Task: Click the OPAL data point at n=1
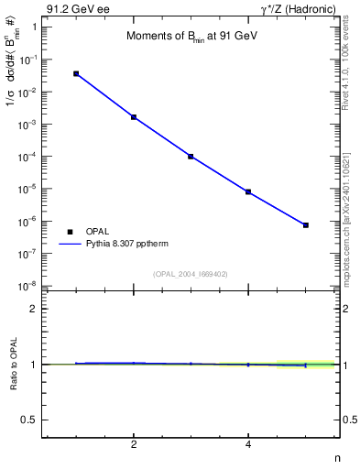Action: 76,73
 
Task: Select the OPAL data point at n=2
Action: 134,117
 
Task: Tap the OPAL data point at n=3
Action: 191,157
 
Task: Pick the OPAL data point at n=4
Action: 248,192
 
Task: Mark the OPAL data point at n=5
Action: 305,224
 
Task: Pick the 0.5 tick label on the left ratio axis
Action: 29,420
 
